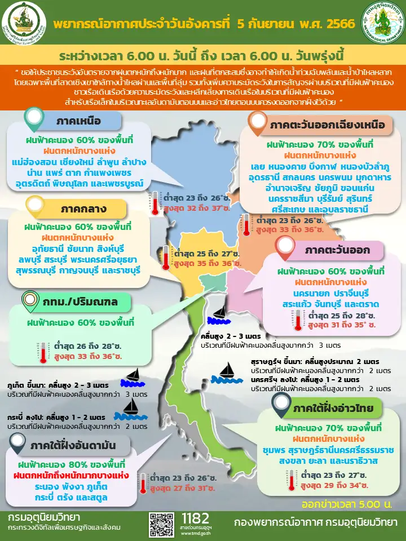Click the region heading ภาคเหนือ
(79, 122)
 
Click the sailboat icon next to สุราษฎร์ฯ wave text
(226, 370)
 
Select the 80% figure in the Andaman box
(75, 465)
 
